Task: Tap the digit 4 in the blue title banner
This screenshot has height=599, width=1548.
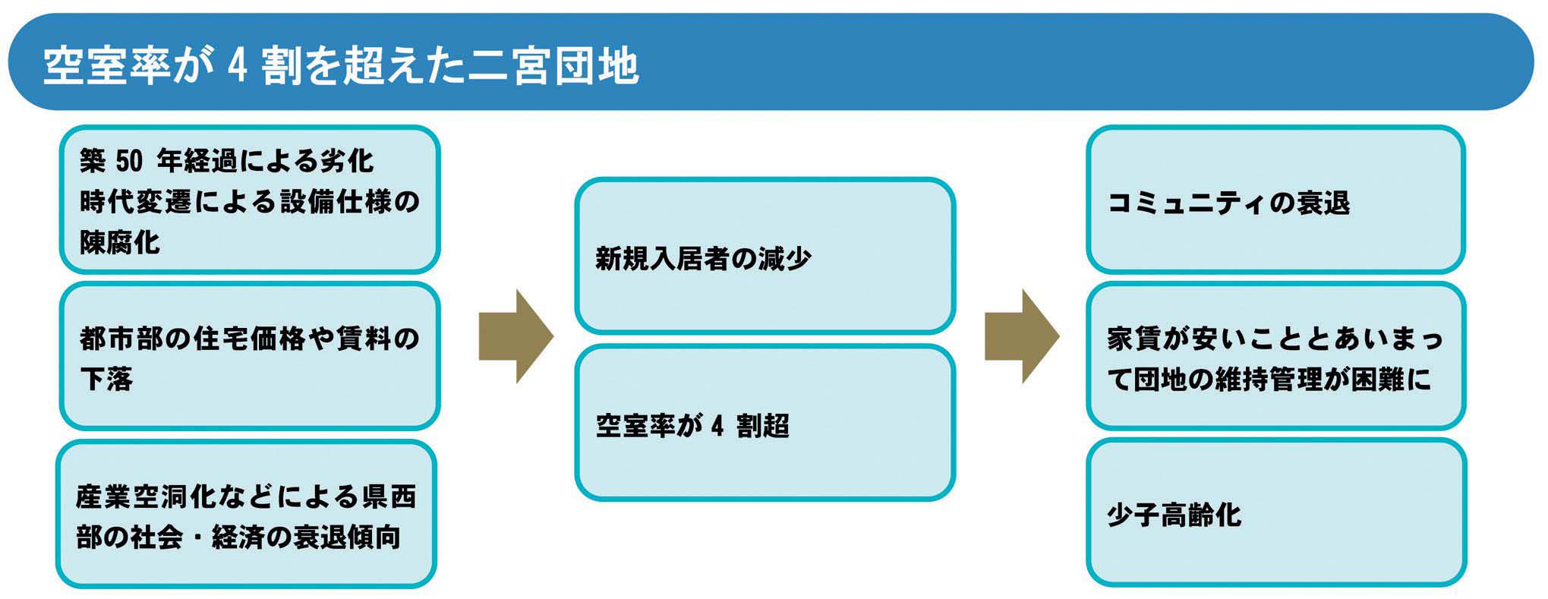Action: click(x=237, y=66)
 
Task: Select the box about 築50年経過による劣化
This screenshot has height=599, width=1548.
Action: click(x=250, y=200)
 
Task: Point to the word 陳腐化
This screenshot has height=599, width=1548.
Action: click(x=120, y=241)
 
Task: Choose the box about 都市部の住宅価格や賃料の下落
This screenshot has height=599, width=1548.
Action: click(x=250, y=356)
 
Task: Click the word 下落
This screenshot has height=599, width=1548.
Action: click(x=106, y=377)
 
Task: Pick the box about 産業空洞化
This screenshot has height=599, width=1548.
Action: click(x=246, y=514)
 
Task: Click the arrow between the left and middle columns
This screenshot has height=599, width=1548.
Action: click(x=515, y=336)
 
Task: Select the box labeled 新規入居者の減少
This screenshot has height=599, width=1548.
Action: click(x=765, y=256)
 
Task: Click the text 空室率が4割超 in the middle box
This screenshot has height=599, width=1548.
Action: click(x=692, y=426)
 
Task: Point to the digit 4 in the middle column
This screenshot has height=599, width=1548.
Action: click(x=717, y=426)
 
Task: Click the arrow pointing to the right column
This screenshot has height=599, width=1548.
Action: click(x=1022, y=336)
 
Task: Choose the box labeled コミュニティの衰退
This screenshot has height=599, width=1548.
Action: click(x=1275, y=200)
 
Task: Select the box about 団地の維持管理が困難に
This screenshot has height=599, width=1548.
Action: click(x=1276, y=356)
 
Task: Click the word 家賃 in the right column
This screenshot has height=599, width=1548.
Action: click(x=1135, y=338)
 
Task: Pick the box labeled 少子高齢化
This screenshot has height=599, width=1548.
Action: click(x=1276, y=513)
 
